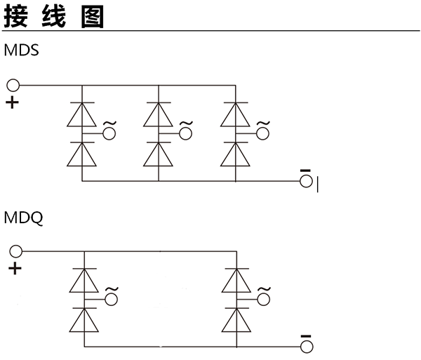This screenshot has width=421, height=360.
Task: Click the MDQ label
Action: tap(24, 218)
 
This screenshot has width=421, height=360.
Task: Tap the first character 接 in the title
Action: tap(16, 15)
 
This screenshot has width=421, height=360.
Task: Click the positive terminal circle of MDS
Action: tap(13, 86)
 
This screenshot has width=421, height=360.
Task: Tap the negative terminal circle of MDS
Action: tap(305, 181)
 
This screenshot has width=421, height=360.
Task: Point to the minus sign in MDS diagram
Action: tap(305, 170)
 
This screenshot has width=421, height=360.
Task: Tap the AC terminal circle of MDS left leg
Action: tap(109, 133)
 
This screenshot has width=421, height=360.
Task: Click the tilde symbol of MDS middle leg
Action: tap(186, 123)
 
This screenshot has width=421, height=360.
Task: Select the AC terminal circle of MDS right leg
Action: tap(262, 133)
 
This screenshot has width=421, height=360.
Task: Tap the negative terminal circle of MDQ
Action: tap(305, 347)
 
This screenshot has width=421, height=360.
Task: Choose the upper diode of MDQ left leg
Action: tap(84, 281)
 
